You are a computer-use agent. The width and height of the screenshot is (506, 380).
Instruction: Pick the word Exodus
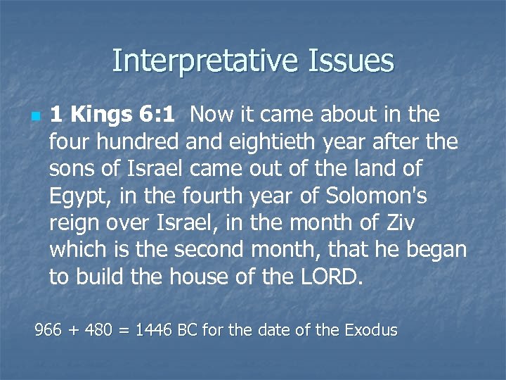point(371,329)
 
